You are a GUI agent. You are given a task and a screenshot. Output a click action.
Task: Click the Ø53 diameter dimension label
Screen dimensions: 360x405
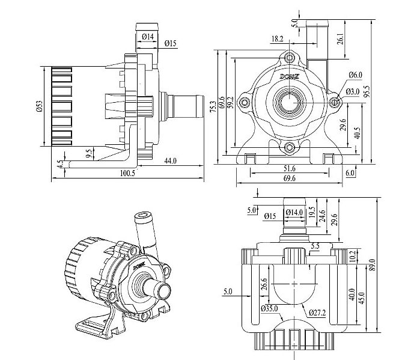pyautogui.click(x=39, y=106)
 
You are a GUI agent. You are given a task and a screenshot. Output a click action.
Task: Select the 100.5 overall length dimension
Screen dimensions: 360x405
pyautogui.click(x=127, y=173)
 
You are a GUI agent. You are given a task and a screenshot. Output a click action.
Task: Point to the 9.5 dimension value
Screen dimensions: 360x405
pyautogui.click(x=89, y=154)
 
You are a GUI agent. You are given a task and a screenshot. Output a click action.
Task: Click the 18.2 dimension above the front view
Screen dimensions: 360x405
pyautogui.click(x=277, y=39)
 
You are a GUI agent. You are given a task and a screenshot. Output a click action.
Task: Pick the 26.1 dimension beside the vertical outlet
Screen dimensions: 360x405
pyautogui.click(x=341, y=38)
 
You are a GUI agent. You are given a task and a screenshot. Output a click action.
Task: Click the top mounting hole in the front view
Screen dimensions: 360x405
pyautogui.click(x=291, y=58)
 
